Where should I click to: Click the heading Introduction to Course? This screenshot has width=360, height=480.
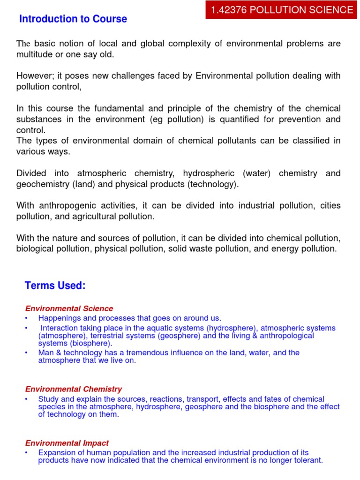pos(73,19)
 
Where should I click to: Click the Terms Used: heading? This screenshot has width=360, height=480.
pos(55,285)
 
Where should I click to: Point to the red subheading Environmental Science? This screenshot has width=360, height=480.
pos(69,308)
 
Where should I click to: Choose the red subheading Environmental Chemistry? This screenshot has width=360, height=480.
pos(73,389)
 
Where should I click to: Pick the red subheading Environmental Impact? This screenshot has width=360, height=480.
pos(67,443)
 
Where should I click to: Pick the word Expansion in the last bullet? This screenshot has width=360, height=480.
pos(56,453)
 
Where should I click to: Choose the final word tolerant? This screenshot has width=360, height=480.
pos(308,460)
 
